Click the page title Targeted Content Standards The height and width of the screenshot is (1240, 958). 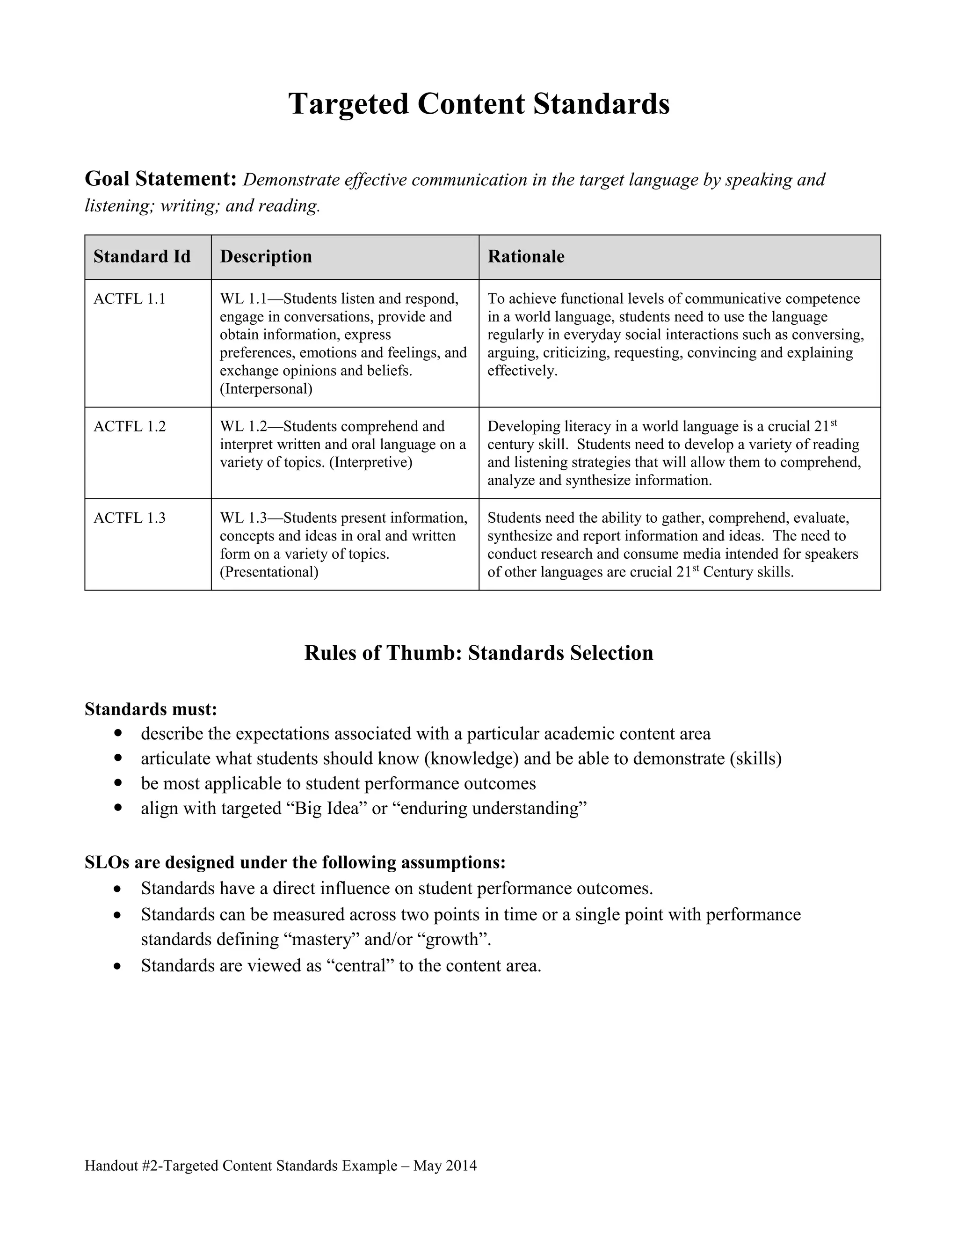tap(479, 104)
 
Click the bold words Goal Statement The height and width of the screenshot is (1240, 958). tap(160, 179)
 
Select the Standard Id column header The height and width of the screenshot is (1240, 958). tap(142, 256)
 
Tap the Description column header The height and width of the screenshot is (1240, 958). tap(266, 256)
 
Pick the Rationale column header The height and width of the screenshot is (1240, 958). tap(525, 256)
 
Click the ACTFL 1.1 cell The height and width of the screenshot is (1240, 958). tap(130, 299)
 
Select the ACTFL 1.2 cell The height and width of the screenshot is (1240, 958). tap(130, 426)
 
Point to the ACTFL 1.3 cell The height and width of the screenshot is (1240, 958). tap(130, 518)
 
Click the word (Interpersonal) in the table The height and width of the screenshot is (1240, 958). tap(266, 389)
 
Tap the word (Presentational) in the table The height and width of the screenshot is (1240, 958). tap(269, 572)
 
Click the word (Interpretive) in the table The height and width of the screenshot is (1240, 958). tap(370, 462)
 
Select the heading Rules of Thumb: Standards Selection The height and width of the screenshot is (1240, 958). tap(479, 653)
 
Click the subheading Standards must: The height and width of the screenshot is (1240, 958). tap(151, 709)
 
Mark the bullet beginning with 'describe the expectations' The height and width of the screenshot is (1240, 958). tap(425, 734)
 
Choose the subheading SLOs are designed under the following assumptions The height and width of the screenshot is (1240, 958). tap(295, 862)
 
